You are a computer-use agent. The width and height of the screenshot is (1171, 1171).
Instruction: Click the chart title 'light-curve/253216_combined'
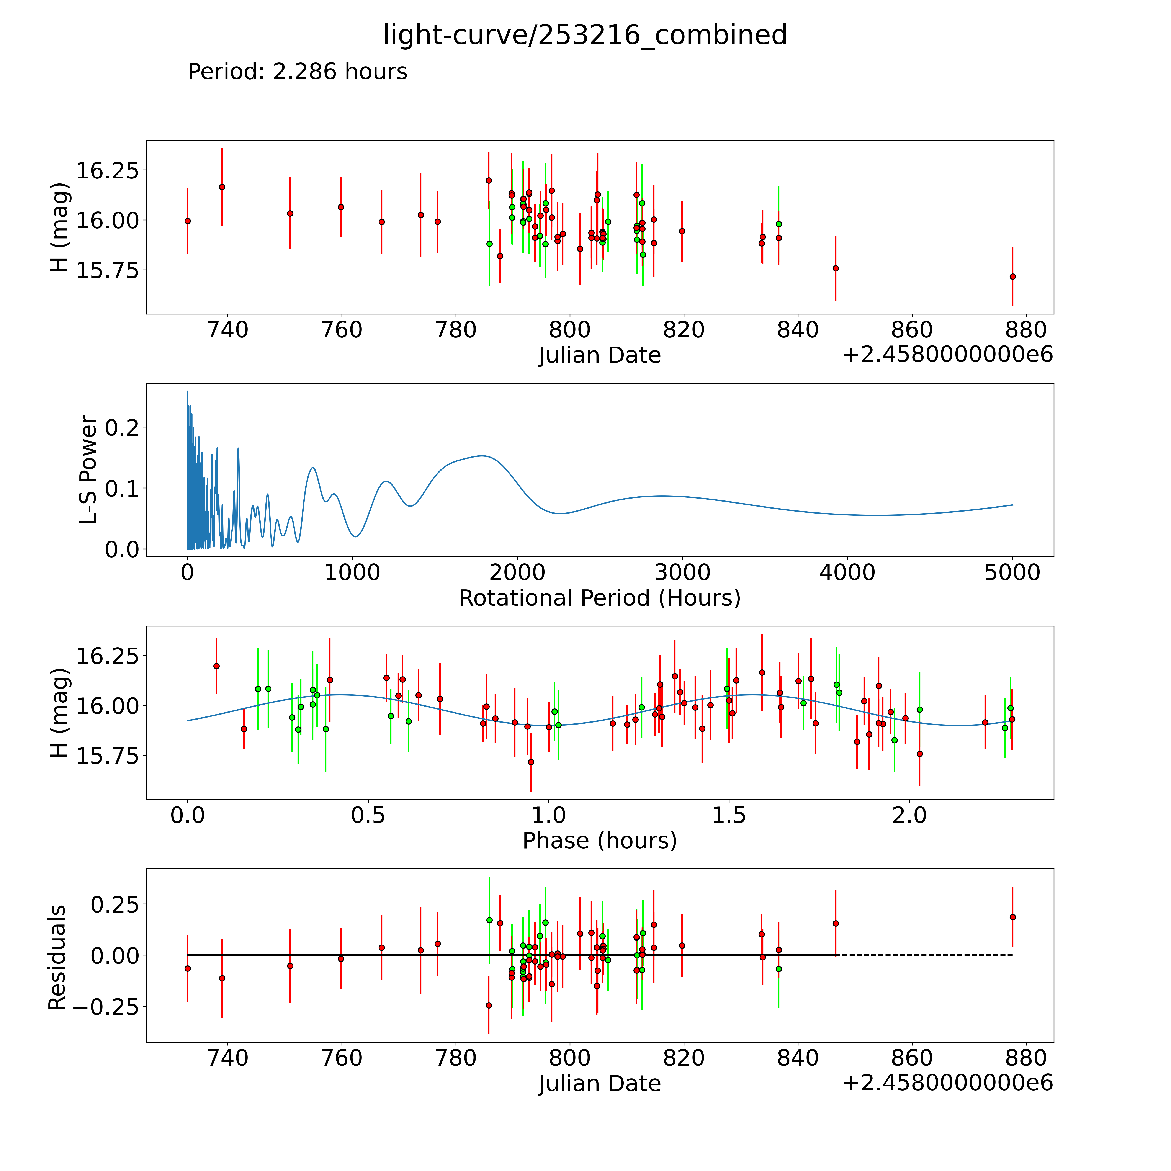pyautogui.click(x=585, y=35)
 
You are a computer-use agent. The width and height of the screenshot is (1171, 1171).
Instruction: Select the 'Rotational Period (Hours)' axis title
pyautogui.click(x=599, y=598)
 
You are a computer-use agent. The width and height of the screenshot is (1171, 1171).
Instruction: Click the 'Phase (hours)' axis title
pyautogui.click(x=599, y=841)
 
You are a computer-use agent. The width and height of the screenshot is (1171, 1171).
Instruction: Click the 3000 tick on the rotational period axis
pyautogui.click(x=682, y=573)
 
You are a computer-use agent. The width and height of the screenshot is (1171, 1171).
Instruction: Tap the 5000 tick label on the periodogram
pyautogui.click(x=1012, y=573)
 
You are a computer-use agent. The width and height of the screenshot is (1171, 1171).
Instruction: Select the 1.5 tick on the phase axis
pyautogui.click(x=729, y=815)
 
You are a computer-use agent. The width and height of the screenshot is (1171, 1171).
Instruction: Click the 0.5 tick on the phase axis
pyautogui.click(x=368, y=815)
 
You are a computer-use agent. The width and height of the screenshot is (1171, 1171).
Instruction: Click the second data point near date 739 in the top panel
pyautogui.click(x=222, y=187)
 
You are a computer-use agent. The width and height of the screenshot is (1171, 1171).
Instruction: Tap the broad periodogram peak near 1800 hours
pyautogui.click(x=482, y=456)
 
